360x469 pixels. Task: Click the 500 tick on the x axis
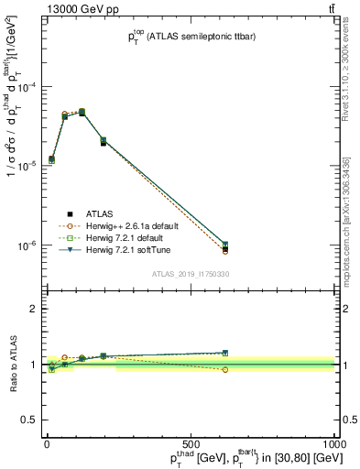point(191,442)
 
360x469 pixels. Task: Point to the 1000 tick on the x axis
point(335,442)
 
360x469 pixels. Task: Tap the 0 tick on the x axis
point(47,442)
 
